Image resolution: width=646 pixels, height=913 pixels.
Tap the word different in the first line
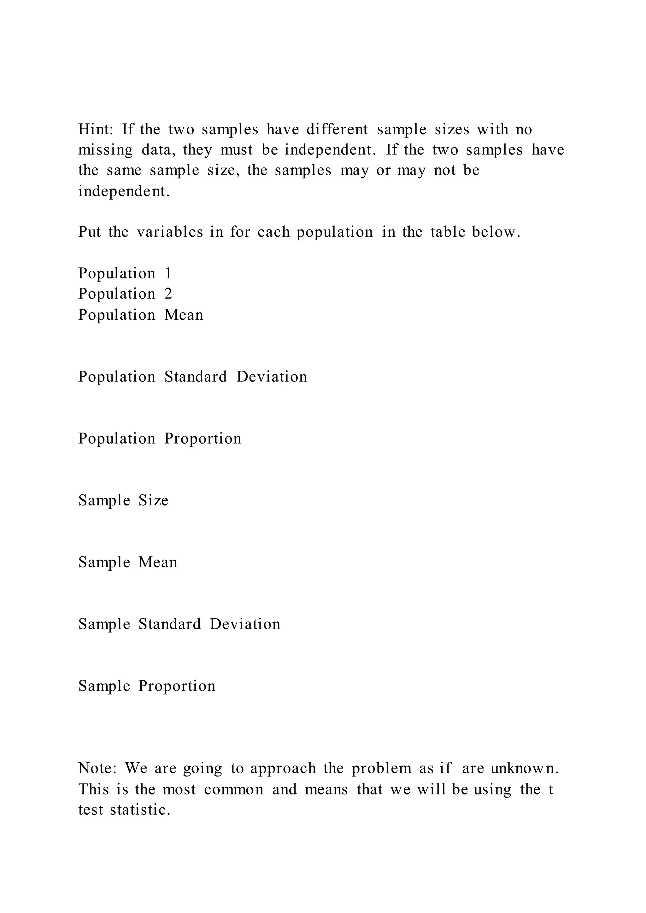tap(337, 129)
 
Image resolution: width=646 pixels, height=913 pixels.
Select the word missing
tap(105, 150)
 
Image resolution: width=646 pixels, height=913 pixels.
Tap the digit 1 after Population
tap(168, 273)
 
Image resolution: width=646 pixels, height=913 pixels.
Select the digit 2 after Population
tap(168, 294)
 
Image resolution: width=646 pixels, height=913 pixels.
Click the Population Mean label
tap(140, 315)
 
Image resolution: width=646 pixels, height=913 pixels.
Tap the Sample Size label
tap(123, 500)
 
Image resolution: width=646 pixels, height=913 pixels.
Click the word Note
tap(97, 768)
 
